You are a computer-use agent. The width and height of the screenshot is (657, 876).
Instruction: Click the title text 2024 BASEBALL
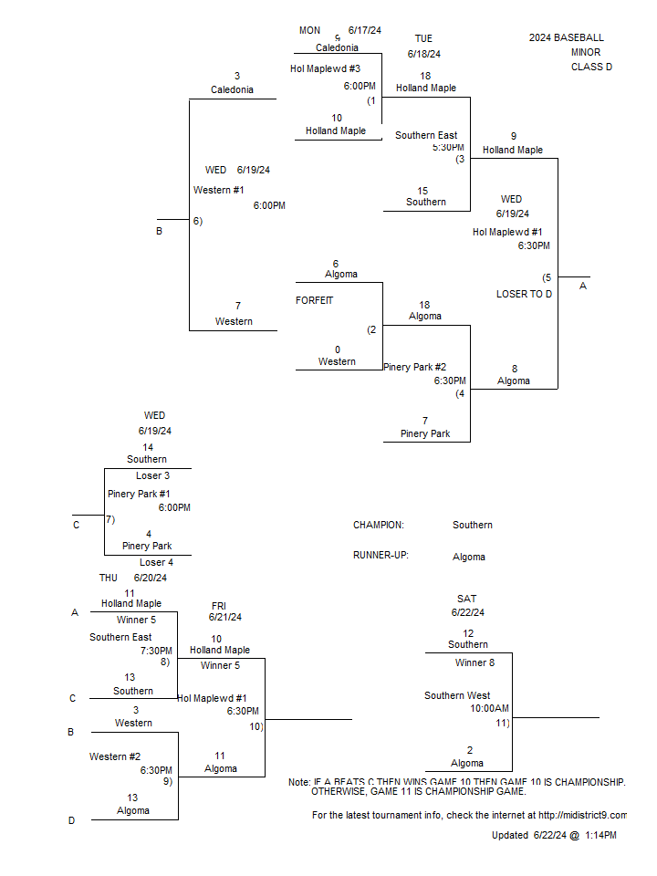(x=566, y=38)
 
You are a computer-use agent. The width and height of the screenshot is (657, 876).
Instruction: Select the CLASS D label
(x=591, y=67)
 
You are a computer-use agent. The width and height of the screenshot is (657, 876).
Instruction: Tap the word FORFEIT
(x=314, y=300)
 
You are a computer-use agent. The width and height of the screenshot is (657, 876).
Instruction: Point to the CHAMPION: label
(x=378, y=526)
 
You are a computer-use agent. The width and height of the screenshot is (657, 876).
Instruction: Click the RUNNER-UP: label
(x=381, y=556)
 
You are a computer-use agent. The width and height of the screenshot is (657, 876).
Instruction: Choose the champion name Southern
(x=472, y=526)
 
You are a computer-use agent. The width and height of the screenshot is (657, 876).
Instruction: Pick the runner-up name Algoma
(x=469, y=557)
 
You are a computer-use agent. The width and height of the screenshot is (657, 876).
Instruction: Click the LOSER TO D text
(x=524, y=295)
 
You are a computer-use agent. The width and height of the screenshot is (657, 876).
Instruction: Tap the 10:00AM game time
(x=489, y=708)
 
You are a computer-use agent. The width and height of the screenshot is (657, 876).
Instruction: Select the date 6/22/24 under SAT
(x=467, y=612)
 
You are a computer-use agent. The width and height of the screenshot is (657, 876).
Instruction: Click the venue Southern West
(x=457, y=695)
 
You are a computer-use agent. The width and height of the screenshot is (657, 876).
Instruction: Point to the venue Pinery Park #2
(x=414, y=367)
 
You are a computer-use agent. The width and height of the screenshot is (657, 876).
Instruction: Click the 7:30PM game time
(x=156, y=651)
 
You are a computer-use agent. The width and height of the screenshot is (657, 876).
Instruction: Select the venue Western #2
(x=115, y=757)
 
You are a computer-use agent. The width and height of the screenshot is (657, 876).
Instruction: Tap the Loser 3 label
(x=152, y=476)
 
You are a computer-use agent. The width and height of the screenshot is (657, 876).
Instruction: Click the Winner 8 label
(x=474, y=663)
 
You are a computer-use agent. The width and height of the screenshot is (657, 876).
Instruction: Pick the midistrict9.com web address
(x=582, y=816)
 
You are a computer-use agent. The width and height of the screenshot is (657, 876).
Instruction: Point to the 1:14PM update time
(x=600, y=835)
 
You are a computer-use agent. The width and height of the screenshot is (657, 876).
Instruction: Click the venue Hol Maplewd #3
(x=325, y=68)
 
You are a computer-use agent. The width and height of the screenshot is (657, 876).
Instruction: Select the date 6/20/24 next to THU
(x=150, y=579)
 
